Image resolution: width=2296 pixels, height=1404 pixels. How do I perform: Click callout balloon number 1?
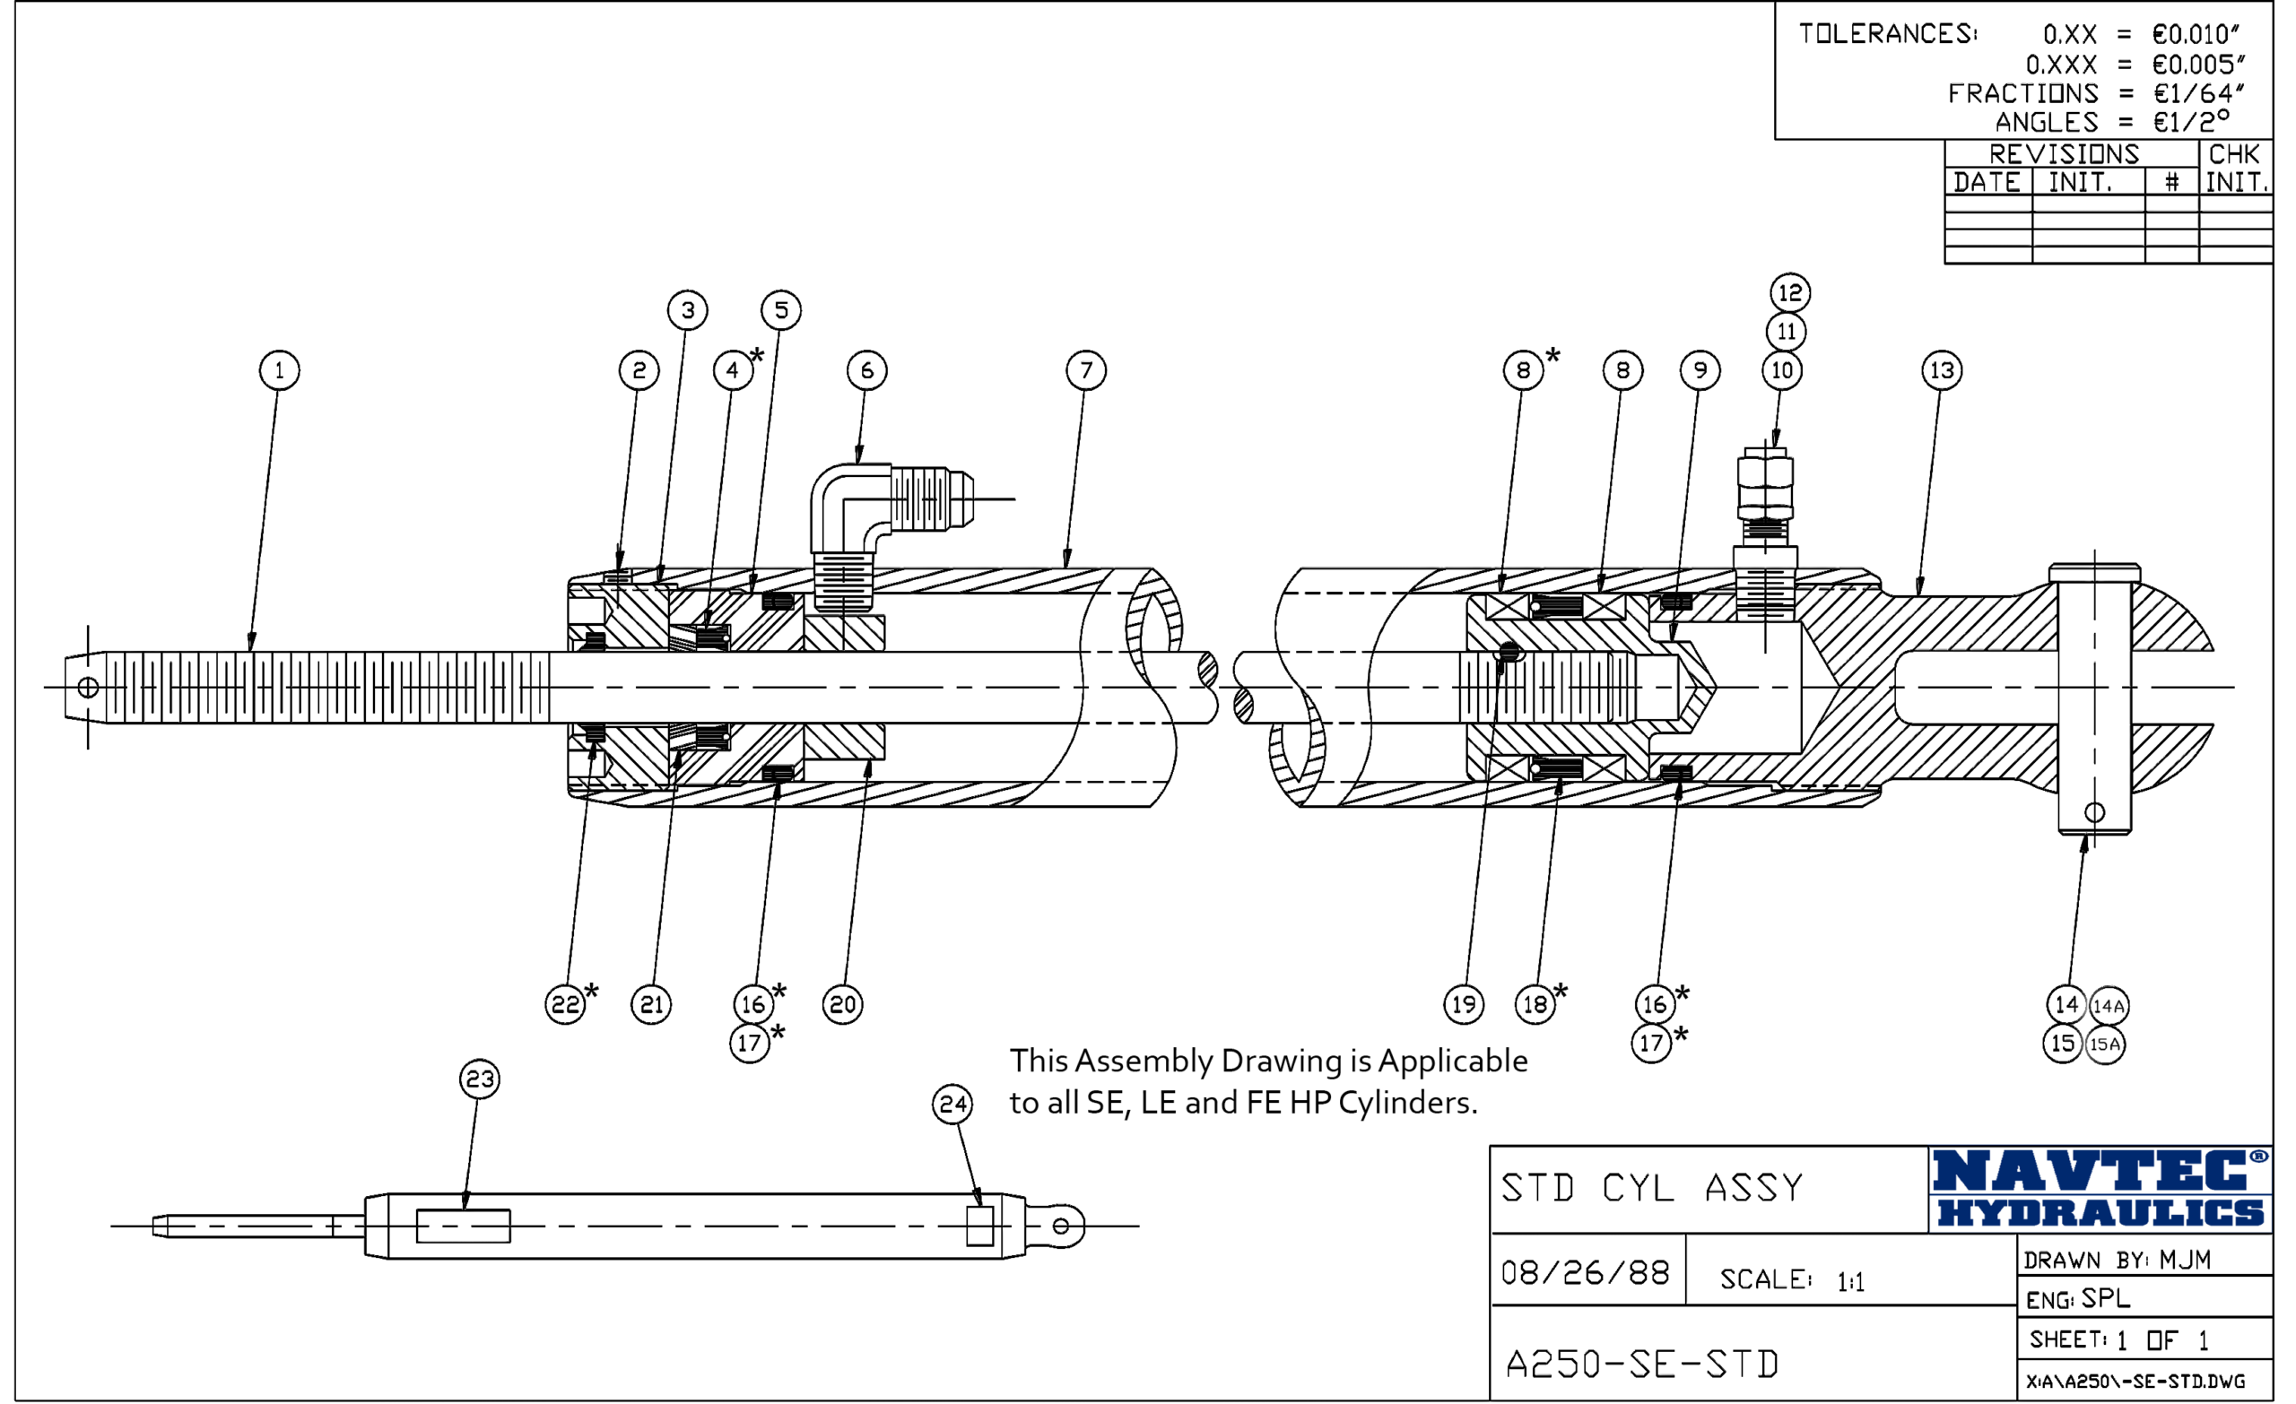(x=279, y=370)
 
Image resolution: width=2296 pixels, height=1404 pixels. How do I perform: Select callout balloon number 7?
(x=1085, y=370)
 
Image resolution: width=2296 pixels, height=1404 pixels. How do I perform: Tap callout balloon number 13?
(x=1942, y=370)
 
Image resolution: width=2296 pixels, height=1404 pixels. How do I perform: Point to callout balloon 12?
(x=1790, y=292)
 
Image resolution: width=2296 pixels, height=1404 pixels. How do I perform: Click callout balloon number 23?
(x=480, y=1079)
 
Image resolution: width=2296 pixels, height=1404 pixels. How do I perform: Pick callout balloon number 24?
(x=952, y=1104)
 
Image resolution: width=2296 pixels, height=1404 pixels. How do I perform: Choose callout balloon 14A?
(x=2108, y=1005)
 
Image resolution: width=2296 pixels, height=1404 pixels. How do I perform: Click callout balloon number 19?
(x=1464, y=1003)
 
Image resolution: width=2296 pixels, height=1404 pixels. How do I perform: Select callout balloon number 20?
(x=842, y=1003)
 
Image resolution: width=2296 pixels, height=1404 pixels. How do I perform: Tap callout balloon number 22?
(x=566, y=1003)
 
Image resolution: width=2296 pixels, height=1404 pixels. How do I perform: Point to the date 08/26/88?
(x=1585, y=1271)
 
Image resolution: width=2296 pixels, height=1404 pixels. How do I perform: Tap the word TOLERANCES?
(x=1887, y=33)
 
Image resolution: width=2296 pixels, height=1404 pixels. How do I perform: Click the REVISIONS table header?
(x=2064, y=153)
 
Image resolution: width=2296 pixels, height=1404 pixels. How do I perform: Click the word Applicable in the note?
(x=1453, y=1062)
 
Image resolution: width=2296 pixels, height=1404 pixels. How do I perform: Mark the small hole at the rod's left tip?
(x=89, y=688)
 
